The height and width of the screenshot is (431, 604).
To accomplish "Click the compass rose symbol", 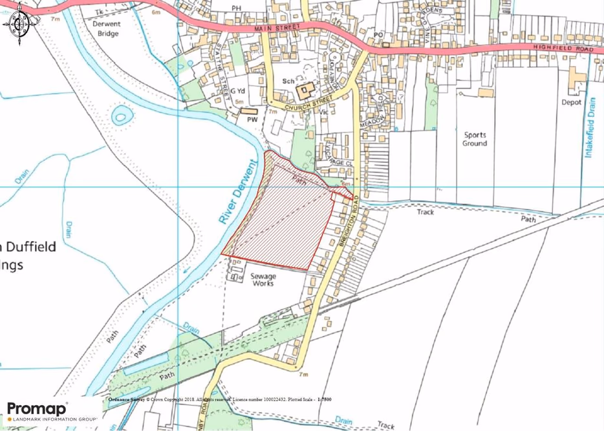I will pos(19,24).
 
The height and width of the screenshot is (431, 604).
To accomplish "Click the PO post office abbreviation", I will pos(378,35).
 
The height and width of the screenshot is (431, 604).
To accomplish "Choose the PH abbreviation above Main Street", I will pos(236,8).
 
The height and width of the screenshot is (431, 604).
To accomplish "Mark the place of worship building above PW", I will pos(248,111).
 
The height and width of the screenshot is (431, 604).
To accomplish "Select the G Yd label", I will pos(238,91).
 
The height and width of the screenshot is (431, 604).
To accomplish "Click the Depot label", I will pos(571,102).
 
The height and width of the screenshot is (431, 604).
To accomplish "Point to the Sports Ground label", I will pos(474,139).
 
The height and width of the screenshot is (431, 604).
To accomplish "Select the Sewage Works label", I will pos(263,279).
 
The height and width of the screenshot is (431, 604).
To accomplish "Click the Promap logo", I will pos(38,410).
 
